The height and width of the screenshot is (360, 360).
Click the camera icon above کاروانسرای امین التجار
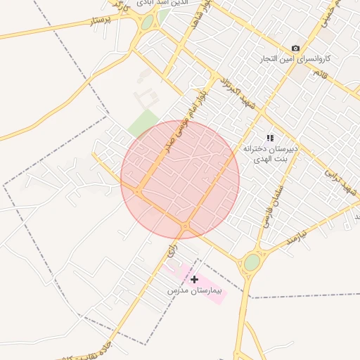click(x=295, y=49)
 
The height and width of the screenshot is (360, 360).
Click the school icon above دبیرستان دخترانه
click(x=270, y=139)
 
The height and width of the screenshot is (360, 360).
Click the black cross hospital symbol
click(x=195, y=279)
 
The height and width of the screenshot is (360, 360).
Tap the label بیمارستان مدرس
click(x=195, y=290)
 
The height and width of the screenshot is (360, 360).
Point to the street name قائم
click(x=321, y=73)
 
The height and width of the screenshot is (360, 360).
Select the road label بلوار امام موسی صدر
click(x=180, y=112)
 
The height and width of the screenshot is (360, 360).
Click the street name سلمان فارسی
click(x=272, y=204)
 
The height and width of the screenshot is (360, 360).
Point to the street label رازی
click(x=173, y=250)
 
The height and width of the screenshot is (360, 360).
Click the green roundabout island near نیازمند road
click(x=252, y=263)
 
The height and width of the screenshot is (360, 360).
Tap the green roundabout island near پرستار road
click(x=147, y=22)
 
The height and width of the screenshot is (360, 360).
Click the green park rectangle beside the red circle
click(x=143, y=124)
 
